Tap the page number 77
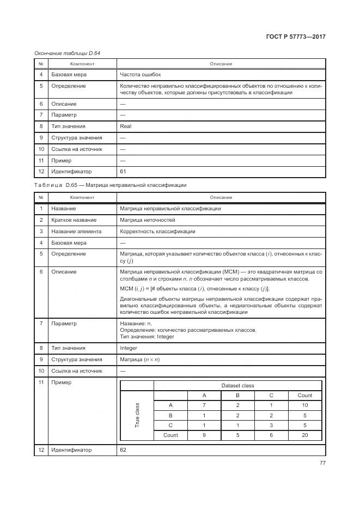322,463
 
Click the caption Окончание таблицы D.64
67,53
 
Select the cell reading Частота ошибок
140,74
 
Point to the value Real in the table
125,126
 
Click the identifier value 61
123,172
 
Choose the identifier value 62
123,450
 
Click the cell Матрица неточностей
147,220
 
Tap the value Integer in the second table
129,348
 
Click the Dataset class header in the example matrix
237,385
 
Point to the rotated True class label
137,415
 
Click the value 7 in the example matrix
204,405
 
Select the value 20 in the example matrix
304,435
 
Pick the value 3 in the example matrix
271,425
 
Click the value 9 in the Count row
204,435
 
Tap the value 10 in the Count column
304,405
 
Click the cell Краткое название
74,220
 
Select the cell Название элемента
76,231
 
